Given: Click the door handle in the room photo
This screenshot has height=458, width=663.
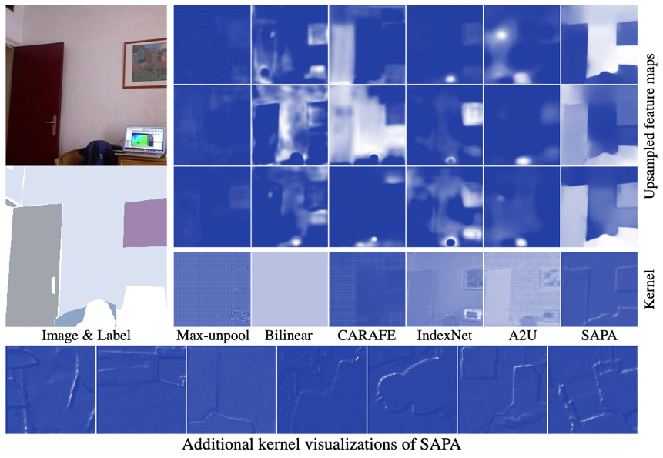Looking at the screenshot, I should coord(52,122).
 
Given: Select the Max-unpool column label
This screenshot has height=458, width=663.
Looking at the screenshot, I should coord(210,336).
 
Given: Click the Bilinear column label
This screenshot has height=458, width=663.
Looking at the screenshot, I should coord(290,336).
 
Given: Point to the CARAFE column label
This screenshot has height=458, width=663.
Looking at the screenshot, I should coord(367,336).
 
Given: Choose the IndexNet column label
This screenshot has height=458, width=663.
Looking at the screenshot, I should coord(444,336).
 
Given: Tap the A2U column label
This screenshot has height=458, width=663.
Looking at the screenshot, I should coord(522,336).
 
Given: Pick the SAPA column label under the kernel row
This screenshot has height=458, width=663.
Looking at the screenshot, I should coord(599,336).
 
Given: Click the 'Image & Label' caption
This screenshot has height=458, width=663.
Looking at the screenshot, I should coord(85,336).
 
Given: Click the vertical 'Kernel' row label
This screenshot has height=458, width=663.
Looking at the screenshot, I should coord(650,289).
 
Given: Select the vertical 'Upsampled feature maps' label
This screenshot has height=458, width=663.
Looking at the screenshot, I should coord(650,123).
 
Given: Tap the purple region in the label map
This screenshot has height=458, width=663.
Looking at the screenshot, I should coord(144,221).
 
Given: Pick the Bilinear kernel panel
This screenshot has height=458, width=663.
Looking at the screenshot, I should coord(290,289).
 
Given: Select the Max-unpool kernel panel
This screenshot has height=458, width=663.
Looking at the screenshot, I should coord(212,289).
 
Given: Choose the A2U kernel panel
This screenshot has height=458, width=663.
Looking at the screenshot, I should coord(522,289).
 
